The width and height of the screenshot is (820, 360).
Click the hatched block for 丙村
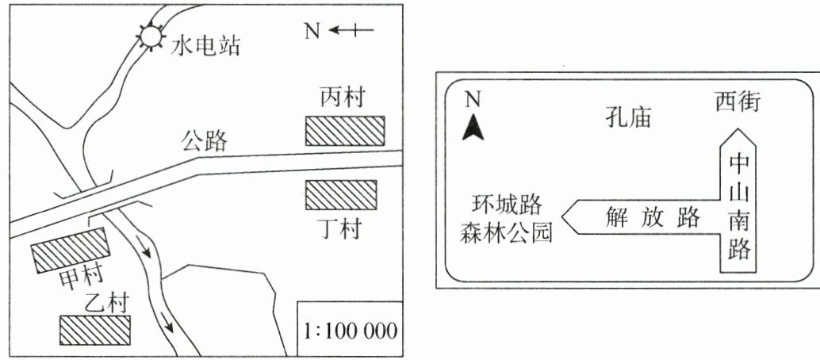[x=345, y=131]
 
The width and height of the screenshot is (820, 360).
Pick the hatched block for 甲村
[x=69, y=250]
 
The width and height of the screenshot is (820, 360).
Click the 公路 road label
[x=204, y=142]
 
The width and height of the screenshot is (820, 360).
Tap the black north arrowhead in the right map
[x=473, y=128]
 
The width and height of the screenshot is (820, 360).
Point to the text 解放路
[x=643, y=216]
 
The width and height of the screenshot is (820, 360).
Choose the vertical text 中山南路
[x=740, y=206]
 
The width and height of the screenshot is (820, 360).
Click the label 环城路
[x=504, y=205]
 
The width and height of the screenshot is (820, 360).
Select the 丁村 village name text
[x=342, y=229]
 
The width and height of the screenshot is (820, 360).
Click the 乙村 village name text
[x=106, y=304]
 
